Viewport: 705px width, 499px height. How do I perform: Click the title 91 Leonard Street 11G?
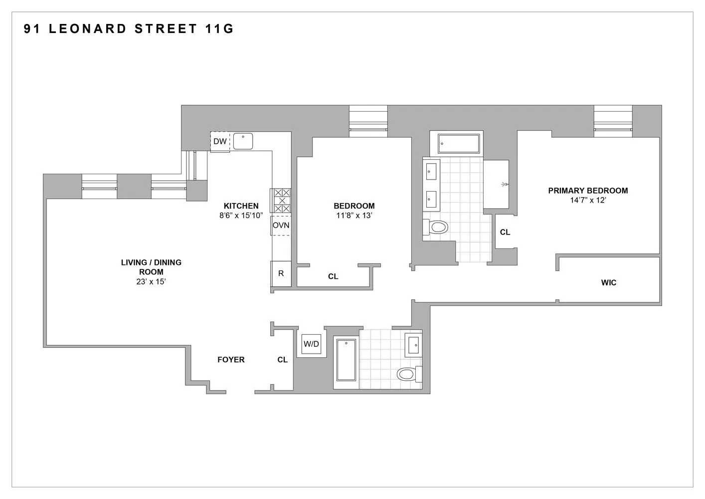(x=129, y=29)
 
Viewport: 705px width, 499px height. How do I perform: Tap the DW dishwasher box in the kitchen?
(x=220, y=142)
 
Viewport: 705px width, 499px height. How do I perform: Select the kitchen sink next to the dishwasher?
(x=243, y=141)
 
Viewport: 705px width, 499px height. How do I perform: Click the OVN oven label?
(x=281, y=226)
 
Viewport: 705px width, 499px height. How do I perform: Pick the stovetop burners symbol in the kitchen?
(x=281, y=201)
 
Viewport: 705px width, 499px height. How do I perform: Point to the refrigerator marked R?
(x=281, y=274)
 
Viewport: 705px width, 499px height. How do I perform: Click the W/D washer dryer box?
(x=312, y=344)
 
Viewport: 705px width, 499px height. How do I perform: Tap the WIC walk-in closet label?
(x=608, y=283)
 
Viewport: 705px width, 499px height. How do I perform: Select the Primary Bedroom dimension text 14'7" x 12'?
(x=588, y=200)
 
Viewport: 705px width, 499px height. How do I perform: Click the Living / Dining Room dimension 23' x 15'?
(x=151, y=282)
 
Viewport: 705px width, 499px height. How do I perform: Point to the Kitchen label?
(x=241, y=206)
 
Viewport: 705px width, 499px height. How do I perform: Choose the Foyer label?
(x=231, y=360)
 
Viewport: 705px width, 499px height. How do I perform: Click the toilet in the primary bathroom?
(x=437, y=228)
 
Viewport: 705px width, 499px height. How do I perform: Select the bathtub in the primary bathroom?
(x=459, y=144)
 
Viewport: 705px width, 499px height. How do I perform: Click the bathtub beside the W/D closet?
(x=346, y=364)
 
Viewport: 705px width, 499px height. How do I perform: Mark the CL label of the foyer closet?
(x=282, y=360)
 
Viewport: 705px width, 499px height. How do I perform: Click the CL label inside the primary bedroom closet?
(x=505, y=232)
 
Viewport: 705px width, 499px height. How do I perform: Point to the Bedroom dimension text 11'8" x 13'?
(x=354, y=216)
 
